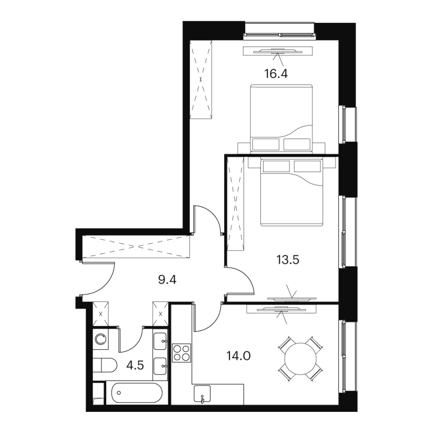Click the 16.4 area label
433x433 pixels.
[x=276, y=74]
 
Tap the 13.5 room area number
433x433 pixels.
[x=288, y=260]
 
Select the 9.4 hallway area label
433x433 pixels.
[x=167, y=280]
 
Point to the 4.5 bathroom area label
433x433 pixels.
[x=135, y=366]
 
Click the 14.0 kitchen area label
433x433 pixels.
[x=238, y=356]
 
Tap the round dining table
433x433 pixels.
[x=300, y=358]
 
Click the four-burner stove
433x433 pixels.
[x=181, y=353]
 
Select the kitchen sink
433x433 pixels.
[x=202, y=394]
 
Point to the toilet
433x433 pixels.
[x=105, y=365]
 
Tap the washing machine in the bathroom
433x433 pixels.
[x=101, y=339]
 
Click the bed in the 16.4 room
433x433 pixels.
[x=281, y=118]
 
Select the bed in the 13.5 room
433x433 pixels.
[x=292, y=192]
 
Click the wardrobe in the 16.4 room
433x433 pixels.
[x=201, y=80]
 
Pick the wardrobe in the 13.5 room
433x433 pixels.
[x=235, y=204]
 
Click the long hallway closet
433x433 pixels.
[x=136, y=246]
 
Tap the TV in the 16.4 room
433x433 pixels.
[x=278, y=51]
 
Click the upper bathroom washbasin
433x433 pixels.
[x=160, y=342]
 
